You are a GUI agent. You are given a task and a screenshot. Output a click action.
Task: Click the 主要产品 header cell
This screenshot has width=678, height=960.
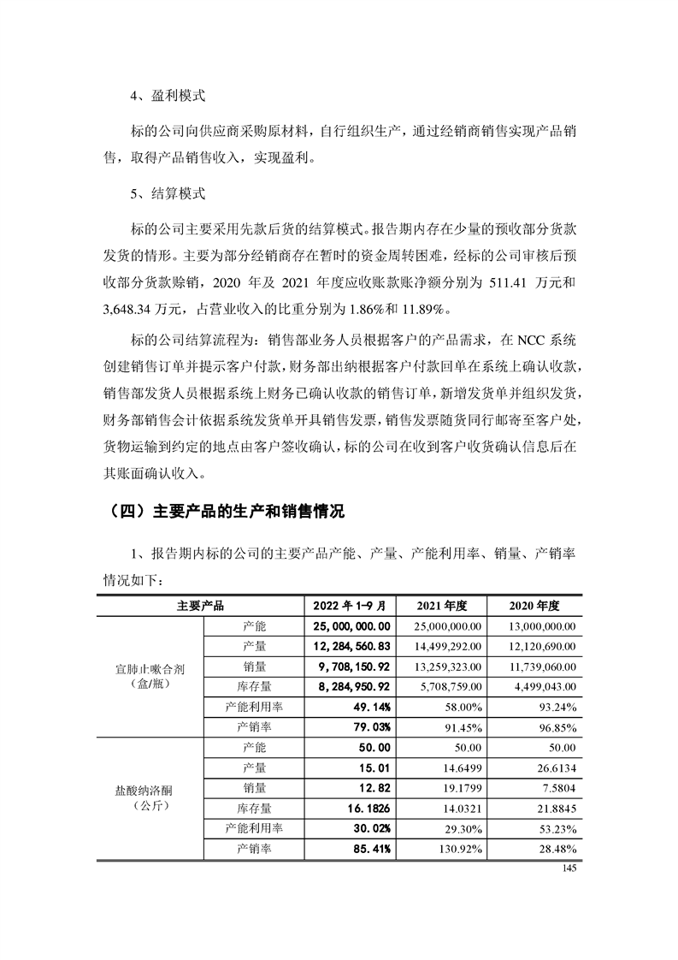pos(200,606)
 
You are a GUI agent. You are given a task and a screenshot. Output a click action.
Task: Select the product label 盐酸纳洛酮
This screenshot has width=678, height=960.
pos(150,788)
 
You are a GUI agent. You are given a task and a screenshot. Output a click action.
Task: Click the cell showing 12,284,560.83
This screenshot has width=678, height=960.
pos(352,646)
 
